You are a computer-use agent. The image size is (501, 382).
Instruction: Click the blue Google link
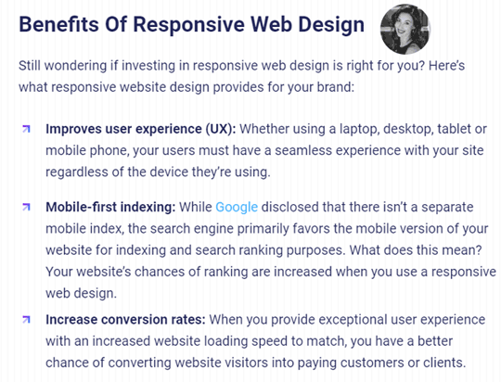[237, 208]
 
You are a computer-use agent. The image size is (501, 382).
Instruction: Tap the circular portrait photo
[405, 29]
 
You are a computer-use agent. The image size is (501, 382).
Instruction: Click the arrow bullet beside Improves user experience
[27, 129]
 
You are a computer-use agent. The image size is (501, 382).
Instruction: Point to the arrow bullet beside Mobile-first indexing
[27, 207]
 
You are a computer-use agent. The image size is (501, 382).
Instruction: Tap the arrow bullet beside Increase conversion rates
[27, 319]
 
